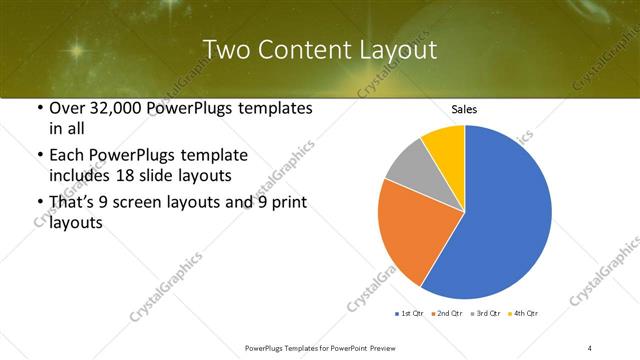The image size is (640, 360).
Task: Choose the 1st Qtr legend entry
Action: pos(411,314)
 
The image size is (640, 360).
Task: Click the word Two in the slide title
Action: pos(227,50)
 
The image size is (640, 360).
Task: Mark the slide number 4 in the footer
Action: pos(590,347)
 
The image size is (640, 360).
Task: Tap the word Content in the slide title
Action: pos(305,50)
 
